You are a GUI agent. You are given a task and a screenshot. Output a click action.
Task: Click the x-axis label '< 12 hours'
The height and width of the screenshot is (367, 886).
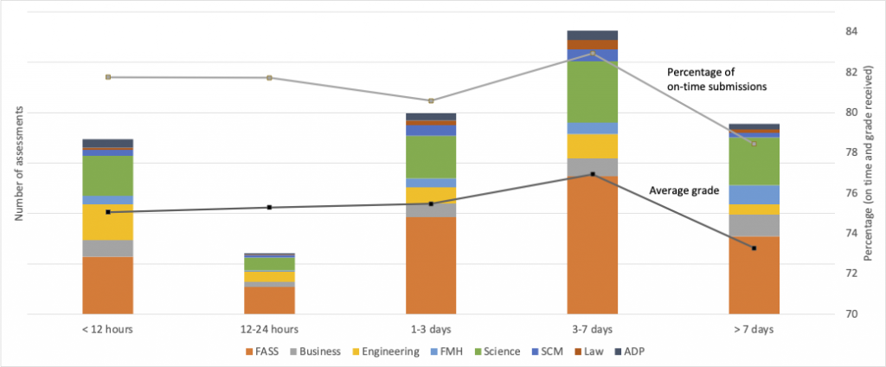pyautogui.click(x=107, y=329)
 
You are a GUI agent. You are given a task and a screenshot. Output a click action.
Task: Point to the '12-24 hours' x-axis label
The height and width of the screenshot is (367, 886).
pyautogui.click(x=269, y=329)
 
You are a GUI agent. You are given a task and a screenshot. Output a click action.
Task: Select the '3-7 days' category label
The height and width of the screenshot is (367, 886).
pyautogui.click(x=593, y=329)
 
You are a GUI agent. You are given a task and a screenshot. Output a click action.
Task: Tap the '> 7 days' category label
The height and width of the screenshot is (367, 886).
pyautogui.click(x=754, y=329)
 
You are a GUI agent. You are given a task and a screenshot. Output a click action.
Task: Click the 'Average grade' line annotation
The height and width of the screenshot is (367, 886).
pyautogui.click(x=684, y=190)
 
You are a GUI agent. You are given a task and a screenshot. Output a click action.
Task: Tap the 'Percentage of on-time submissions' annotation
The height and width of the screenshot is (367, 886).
pyautogui.click(x=716, y=79)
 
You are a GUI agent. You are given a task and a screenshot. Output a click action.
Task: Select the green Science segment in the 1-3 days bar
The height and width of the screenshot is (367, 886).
pyautogui.click(x=431, y=157)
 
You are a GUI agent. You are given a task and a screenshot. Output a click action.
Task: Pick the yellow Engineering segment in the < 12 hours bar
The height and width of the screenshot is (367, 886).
pyautogui.click(x=107, y=222)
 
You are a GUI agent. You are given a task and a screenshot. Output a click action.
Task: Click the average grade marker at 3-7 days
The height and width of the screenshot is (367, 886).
pyautogui.click(x=593, y=174)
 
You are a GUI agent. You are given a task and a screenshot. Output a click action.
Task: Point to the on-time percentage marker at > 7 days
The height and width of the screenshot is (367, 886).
pyautogui.click(x=754, y=144)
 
